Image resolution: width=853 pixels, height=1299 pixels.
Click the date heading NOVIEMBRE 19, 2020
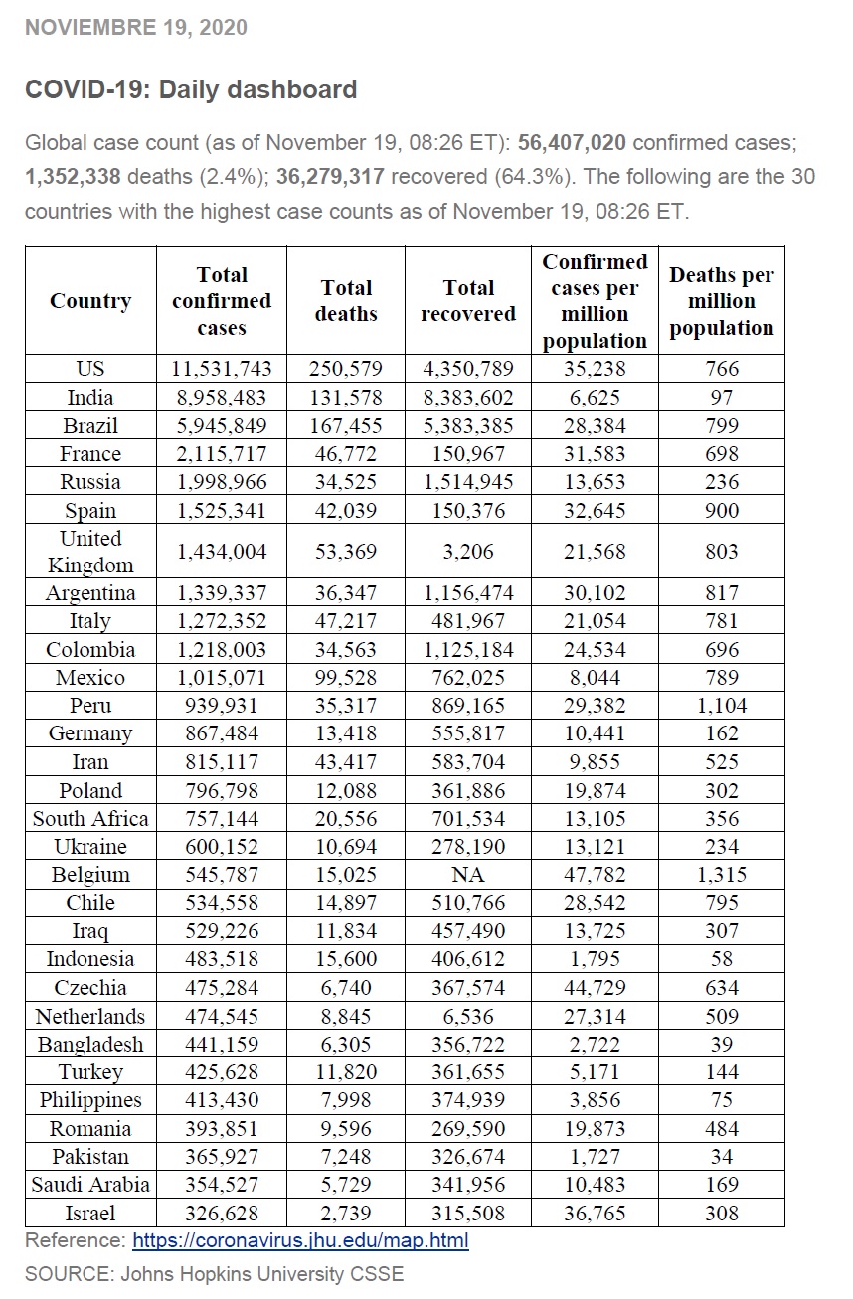(x=136, y=28)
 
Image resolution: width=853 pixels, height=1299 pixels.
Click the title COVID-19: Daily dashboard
(x=191, y=89)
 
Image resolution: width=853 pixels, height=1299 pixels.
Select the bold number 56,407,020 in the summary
(x=572, y=142)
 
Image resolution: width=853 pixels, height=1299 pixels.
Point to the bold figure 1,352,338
(x=73, y=177)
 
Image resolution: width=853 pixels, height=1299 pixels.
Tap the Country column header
(x=90, y=301)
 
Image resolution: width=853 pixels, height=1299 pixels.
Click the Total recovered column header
(x=468, y=301)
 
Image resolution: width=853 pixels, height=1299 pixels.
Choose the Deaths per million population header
(x=721, y=301)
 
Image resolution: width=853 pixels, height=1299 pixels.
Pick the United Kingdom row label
(x=90, y=552)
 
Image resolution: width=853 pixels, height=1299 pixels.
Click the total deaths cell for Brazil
(x=346, y=425)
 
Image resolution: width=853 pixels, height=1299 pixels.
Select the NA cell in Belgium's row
(x=468, y=875)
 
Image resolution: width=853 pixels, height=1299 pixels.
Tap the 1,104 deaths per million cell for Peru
(x=721, y=706)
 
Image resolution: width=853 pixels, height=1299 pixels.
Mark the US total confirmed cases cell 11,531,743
(x=222, y=369)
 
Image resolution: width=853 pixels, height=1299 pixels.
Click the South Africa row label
(x=90, y=818)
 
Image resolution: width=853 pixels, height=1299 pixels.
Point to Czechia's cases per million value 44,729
(x=595, y=987)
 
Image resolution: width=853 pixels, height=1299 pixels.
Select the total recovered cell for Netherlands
(x=468, y=1016)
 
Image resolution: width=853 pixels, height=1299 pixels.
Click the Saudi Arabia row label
(x=90, y=1185)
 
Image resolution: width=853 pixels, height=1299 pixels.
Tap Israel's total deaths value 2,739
(x=346, y=1213)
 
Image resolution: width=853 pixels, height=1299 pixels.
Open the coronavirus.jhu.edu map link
(x=300, y=1240)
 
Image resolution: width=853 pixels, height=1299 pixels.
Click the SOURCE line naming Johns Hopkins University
(x=214, y=1274)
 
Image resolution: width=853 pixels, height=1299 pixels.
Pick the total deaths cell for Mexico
(x=346, y=678)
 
